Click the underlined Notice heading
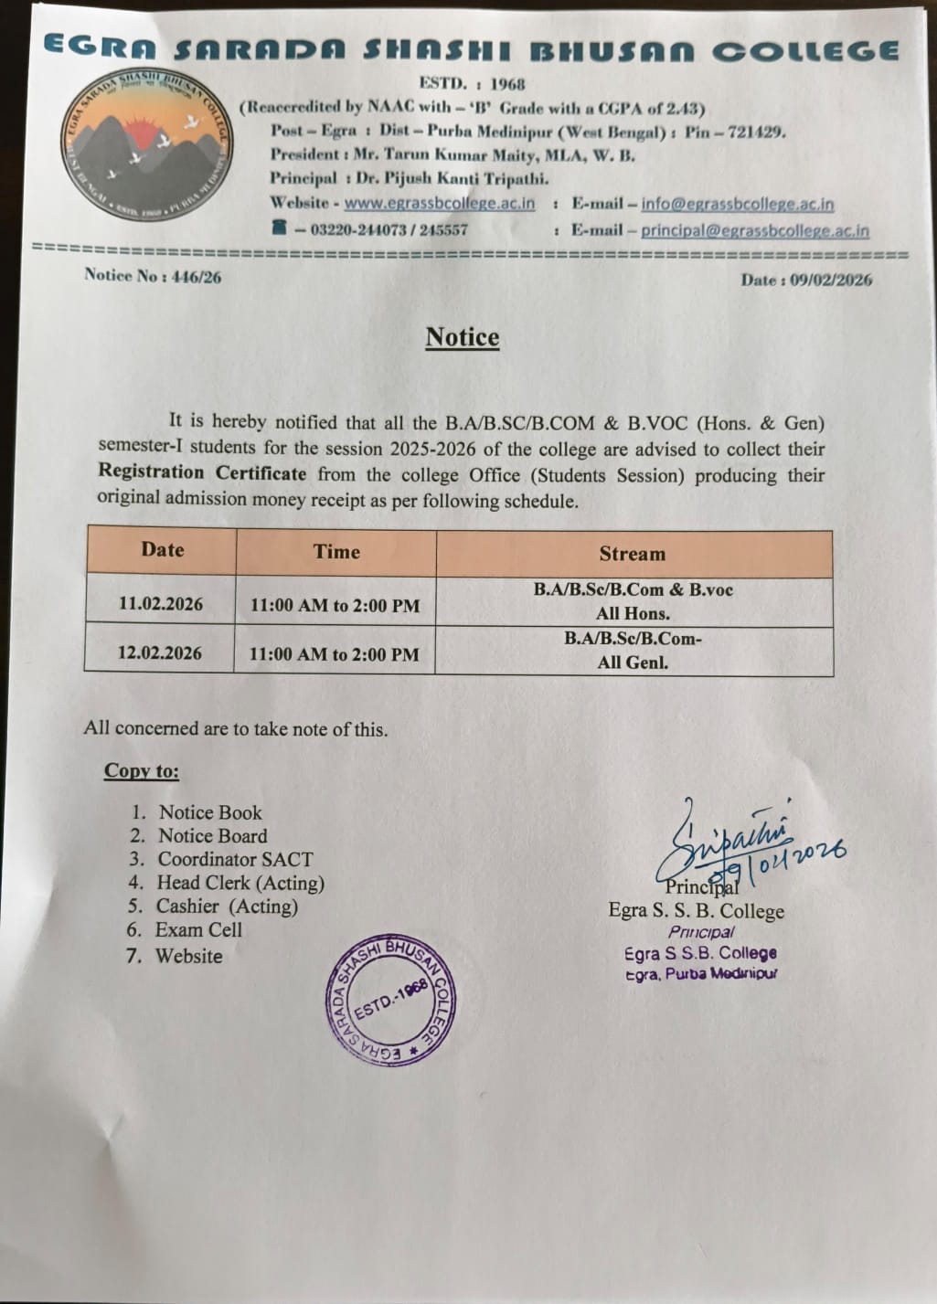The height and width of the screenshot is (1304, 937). pyautogui.click(x=463, y=337)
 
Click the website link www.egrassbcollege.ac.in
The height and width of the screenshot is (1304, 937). pyautogui.click(x=440, y=203)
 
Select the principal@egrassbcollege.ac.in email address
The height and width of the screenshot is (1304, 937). pyautogui.click(x=755, y=231)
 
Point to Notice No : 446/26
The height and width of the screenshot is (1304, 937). pyautogui.click(x=153, y=275)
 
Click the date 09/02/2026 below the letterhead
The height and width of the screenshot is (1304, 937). pyautogui.click(x=806, y=280)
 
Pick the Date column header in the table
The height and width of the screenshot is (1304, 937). pyautogui.click(x=162, y=549)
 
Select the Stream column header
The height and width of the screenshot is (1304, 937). pyautogui.click(x=633, y=554)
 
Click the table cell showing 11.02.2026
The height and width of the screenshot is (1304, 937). pyautogui.click(x=161, y=604)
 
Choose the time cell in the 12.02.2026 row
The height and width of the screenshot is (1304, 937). pyautogui.click(x=334, y=654)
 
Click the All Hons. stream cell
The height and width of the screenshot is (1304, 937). pyautogui.click(x=633, y=601)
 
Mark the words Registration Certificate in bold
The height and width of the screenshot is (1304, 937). pyautogui.click(x=202, y=472)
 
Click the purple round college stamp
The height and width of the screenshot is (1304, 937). pyautogui.click(x=391, y=1001)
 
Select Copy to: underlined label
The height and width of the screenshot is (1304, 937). pyautogui.click(x=142, y=770)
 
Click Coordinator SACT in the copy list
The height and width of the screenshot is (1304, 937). pyautogui.click(x=235, y=859)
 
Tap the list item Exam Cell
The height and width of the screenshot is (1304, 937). pyautogui.click(x=198, y=930)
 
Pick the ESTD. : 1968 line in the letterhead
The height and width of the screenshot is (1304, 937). pyautogui.click(x=472, y=84)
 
